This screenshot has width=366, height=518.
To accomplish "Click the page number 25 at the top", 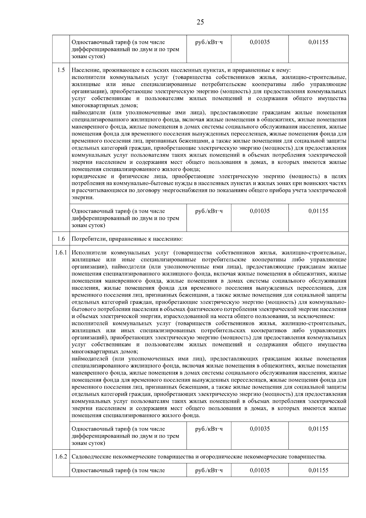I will (200, 22).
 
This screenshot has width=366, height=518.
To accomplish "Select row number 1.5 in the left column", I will (61, 70).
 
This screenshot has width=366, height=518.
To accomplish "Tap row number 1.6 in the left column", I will (61, 239).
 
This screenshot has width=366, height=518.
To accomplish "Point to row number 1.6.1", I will (61, 253).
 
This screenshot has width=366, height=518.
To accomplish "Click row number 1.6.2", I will (61, 457).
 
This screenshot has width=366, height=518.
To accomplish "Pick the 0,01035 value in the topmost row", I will (260, 42).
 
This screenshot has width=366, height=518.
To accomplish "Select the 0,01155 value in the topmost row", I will (318, 42).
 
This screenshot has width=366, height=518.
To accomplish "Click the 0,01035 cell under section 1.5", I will (260, 211).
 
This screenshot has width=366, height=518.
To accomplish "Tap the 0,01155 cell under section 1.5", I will (318, 211).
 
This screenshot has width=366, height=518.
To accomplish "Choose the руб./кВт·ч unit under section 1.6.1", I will (209, 429).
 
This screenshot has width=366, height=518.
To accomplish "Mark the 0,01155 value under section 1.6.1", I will (318, 429).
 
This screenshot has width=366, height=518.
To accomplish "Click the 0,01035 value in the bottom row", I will (260, 470).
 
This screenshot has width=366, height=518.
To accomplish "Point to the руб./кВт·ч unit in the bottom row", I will (209, 470).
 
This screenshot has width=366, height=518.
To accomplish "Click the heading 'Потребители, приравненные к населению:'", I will (127, 239).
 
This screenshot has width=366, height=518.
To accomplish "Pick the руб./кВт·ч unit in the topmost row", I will (209, 42).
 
